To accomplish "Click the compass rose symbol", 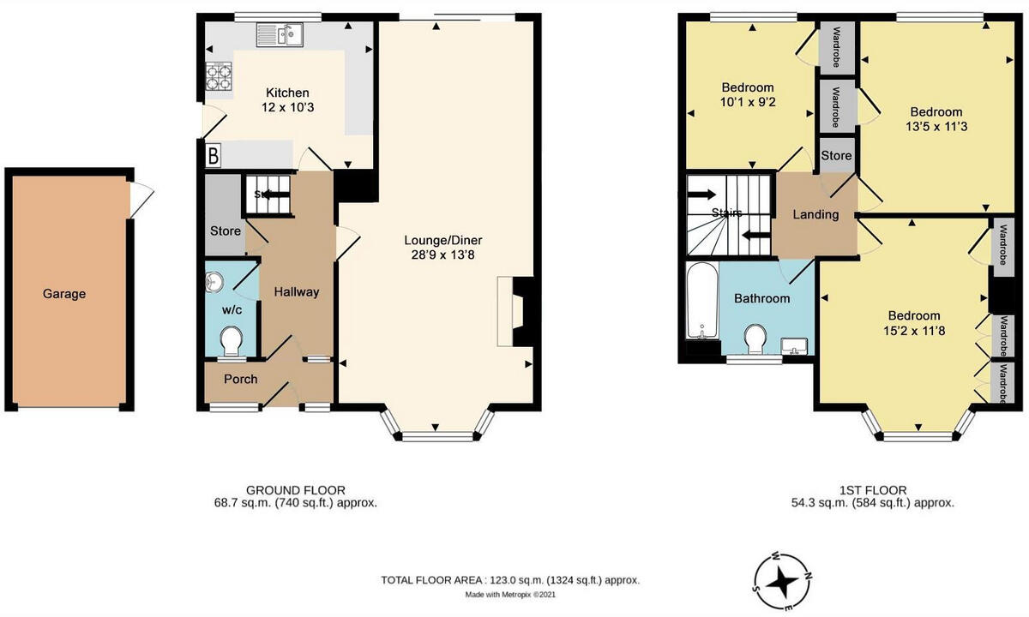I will pos(781,582).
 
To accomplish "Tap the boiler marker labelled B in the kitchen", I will pos(212,156).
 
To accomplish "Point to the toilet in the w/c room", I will pos(231,342).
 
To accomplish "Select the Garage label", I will pos(64,294).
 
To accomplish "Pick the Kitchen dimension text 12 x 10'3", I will pos(286,108).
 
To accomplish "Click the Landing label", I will pos(815,214).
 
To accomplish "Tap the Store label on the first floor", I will pos(836,155).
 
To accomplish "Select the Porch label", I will pos(240,379).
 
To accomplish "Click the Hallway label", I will pos(296,292).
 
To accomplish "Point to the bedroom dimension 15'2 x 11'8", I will pos(913,331).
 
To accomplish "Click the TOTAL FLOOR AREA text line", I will pos(510,580).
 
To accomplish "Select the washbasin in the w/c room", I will pos(214,279).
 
